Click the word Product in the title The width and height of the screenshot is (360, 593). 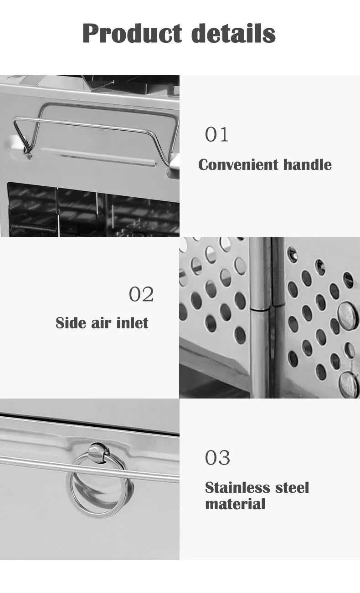[x=132, y=33]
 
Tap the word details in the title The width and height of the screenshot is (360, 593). [x=233, y=33]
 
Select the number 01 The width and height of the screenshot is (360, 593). [x=216, y=134]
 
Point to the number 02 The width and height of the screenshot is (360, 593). [x=141, y=294]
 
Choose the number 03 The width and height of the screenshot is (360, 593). [x=217, y=458]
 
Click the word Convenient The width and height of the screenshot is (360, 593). [x=238, y=165]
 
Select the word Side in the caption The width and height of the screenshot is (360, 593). [x=71, y=323]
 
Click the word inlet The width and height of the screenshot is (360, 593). [x=132, y=323]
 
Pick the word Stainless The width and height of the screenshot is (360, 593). [x=237, y=488]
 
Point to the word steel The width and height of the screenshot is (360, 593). [x=292, y=488]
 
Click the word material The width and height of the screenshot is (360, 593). [x=235, y=504]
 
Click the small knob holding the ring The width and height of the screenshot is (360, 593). [x=98, y=453]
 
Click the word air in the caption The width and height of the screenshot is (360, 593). [x=101, y=323]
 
